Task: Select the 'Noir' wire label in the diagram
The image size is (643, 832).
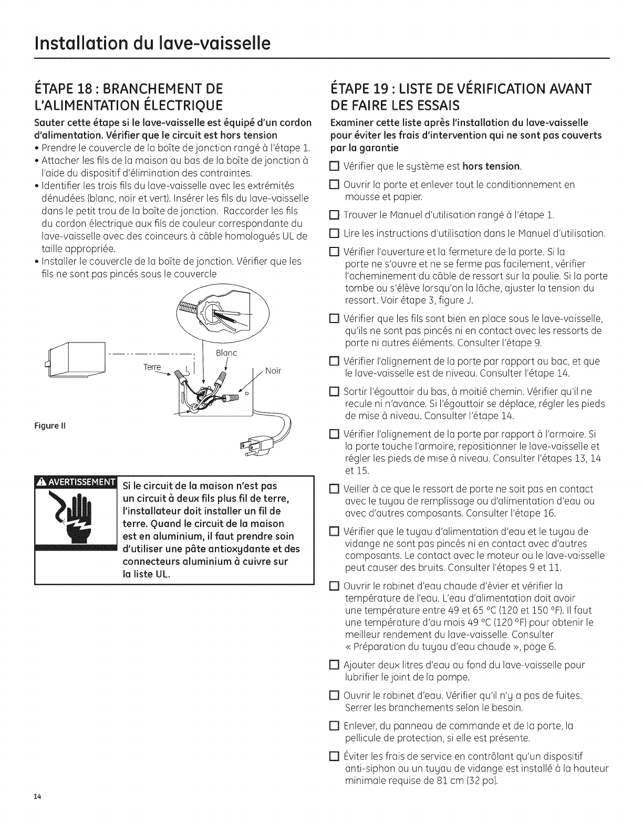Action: [x=273, y=370]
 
